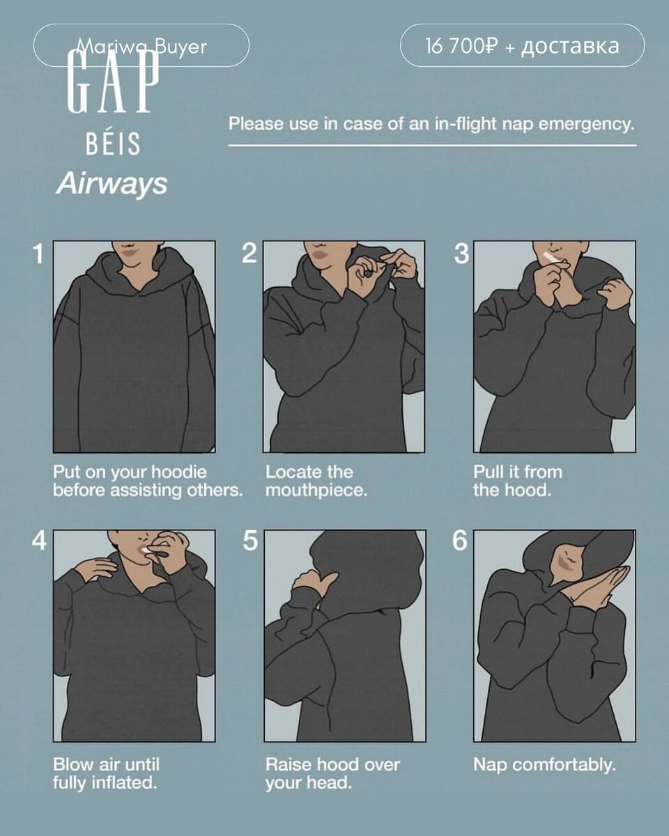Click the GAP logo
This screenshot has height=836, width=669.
(114, 81)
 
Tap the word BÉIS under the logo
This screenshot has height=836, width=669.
(113, 144)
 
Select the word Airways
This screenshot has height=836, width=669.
(112, 183)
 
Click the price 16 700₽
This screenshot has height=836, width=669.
(461, 46)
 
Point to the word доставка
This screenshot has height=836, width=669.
(570, 47)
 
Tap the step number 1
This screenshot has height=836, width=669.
(38, 254)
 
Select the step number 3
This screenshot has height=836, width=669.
(461, 254)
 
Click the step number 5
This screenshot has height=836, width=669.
(250, 540)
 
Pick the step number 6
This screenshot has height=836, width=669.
(459, 540)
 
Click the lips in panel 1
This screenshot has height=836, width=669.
(129, 252)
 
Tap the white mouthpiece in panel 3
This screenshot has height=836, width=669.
(550, 257)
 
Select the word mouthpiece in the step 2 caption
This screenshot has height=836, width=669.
(316, 490)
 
